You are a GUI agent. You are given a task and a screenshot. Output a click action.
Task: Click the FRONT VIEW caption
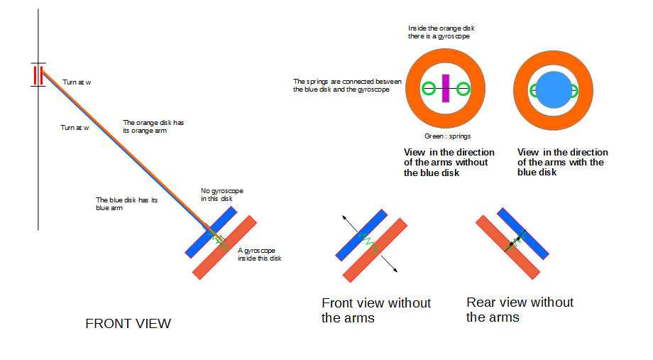click(128, 324)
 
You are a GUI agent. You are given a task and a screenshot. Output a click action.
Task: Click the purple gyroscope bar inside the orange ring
click(445, 89)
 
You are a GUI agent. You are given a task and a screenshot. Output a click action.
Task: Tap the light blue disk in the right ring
click(554, 89)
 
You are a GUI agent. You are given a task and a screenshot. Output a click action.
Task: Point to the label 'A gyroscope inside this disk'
click(259, 254)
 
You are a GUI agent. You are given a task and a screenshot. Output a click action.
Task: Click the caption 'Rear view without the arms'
click(520, 310)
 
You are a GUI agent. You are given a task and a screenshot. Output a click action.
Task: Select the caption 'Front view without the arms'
click(375, 310)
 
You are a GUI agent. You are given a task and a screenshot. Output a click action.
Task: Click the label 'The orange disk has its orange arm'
click(153, 126)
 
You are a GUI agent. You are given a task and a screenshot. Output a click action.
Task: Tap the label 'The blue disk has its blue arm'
click(126, 204)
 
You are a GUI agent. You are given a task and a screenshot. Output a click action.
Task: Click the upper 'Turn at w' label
click(77, 82)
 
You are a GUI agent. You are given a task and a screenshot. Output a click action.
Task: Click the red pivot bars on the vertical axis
click(38, 75)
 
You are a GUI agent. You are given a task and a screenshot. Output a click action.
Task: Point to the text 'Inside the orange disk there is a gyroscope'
click(444, 32)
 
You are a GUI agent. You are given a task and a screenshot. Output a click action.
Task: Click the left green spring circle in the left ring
click(427, 89)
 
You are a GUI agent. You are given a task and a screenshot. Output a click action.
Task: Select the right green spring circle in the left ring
click(463, 89)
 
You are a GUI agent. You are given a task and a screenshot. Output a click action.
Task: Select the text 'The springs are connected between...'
click(347, 85)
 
